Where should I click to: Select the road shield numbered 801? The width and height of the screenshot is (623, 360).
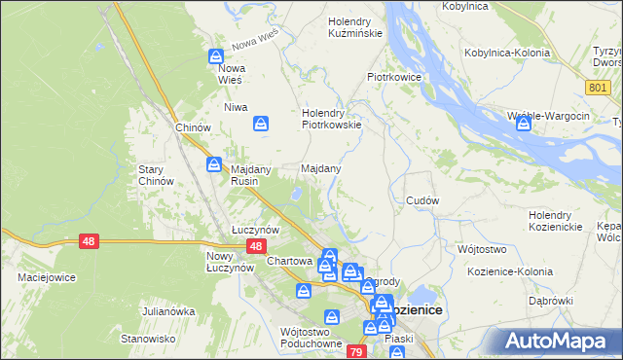(599, 88)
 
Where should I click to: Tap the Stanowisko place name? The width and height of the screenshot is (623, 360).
(147, 339)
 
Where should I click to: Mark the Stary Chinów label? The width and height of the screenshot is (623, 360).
(156, 175)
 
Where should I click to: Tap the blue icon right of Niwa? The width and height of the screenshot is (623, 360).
(260, 123)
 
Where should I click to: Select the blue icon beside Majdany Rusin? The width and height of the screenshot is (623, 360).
(213, 165)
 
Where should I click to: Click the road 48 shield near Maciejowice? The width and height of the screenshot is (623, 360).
(88, 241)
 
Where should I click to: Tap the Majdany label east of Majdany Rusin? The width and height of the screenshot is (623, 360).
(320, 168)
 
